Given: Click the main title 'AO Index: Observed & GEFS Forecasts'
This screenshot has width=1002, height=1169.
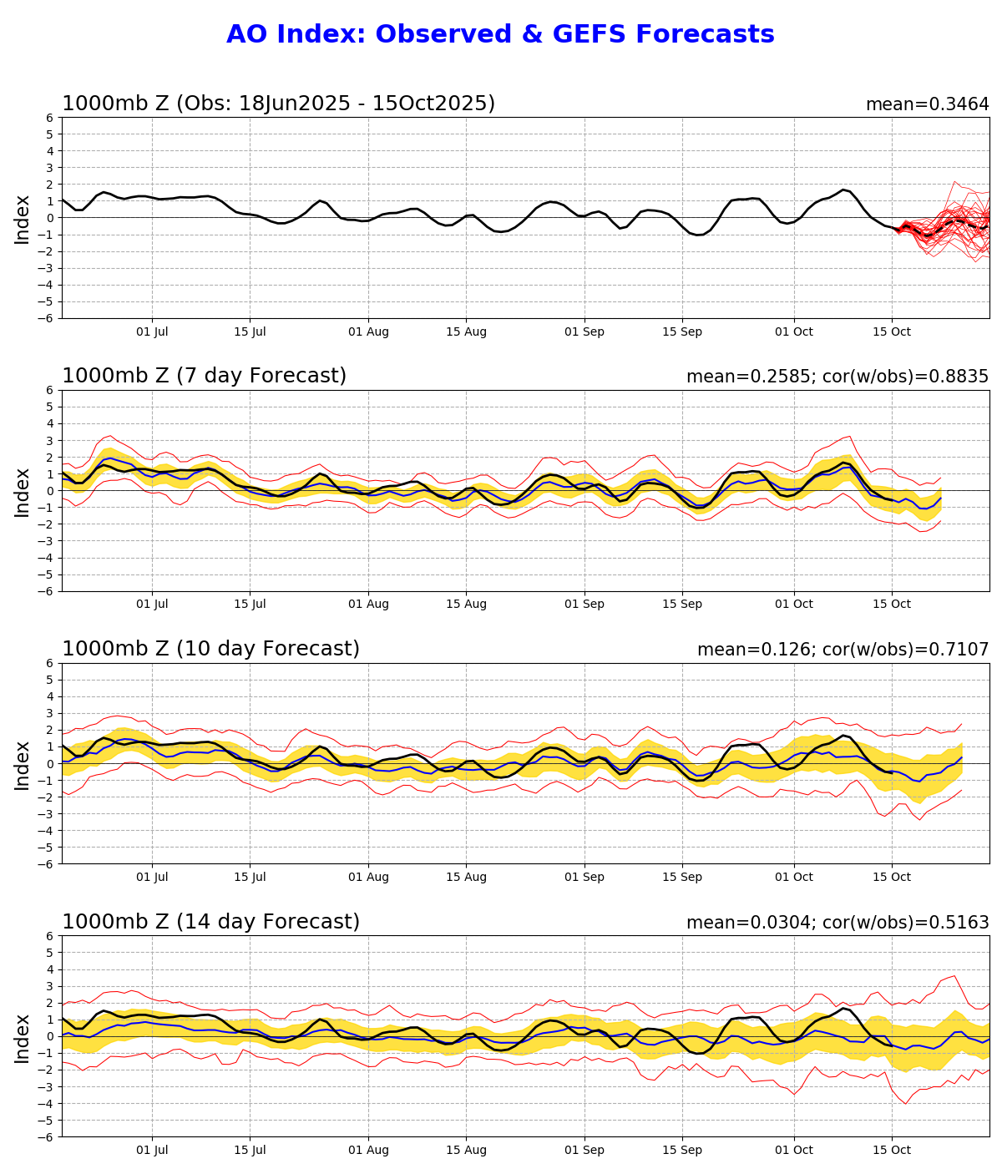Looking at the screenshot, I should (500, 35).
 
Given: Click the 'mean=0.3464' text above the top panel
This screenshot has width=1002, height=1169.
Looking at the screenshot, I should (927, 105).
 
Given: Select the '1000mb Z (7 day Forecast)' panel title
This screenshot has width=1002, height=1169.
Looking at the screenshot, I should (204, 377).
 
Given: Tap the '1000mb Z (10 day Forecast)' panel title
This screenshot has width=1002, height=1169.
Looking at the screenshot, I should (210, 650).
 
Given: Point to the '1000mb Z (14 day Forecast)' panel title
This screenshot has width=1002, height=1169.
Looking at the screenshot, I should (210, 922).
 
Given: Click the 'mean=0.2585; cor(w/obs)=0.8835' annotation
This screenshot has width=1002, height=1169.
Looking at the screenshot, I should (838, 377).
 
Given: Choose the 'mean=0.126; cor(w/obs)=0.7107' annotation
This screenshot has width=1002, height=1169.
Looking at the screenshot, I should (843, 650).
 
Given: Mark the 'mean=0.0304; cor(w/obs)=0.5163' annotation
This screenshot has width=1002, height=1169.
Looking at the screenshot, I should (838, 923).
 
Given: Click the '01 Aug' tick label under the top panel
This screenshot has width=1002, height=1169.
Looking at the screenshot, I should (368, 331).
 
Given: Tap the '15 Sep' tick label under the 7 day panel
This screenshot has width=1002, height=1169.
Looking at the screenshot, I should (682, 605).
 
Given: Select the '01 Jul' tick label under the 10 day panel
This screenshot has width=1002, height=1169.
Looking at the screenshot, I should (152, 877).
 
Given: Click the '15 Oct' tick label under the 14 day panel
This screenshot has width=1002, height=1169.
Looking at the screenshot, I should (892, 1150).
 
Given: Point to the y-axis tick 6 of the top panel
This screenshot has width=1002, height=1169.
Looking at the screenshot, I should (51, 118).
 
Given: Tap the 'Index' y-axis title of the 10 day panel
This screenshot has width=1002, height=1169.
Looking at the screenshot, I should (23, 764).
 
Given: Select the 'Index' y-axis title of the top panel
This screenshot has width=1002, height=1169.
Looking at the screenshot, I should (23, 219).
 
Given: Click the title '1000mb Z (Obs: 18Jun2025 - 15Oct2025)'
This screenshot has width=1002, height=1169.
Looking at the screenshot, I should (278, 104).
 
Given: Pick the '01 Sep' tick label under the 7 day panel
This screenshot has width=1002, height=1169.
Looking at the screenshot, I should (584, 605).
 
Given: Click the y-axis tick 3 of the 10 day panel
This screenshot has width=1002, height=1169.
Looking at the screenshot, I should (51, 713).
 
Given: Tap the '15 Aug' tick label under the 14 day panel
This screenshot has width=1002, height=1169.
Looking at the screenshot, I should (466, 1150).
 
